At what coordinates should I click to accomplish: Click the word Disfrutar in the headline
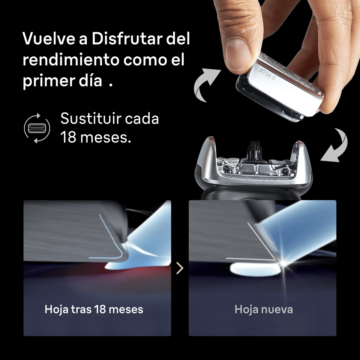[127, 38]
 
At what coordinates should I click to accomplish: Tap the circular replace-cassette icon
[37, 128]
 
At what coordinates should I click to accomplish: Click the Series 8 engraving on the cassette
[265, 73]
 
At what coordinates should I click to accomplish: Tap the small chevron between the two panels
[180, 268]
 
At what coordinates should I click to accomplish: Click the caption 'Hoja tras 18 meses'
[94, 309]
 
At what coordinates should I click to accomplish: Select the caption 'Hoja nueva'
[264, 309]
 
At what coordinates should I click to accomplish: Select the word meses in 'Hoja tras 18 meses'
[126, 309]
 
